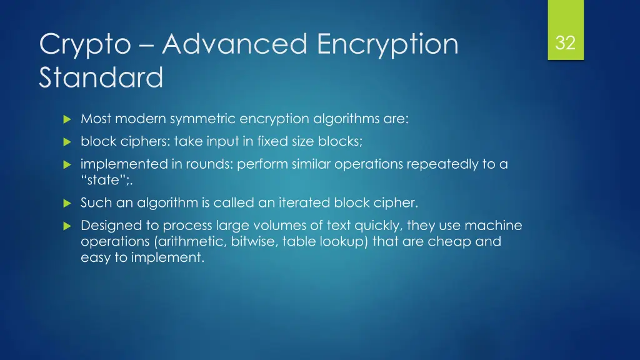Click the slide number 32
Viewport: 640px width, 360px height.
[x=565, y=43]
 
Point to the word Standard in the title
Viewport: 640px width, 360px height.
[x=101, y=79]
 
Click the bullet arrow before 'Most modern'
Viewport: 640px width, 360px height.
[x=67, y=119]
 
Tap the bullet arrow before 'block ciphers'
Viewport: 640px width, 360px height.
[x=67, y=142]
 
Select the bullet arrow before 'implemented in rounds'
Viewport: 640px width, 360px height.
[x=67, y=165]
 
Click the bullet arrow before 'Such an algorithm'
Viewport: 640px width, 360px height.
[x=67, y=203]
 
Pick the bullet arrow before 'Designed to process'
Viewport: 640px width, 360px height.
[x=67, y=226]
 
